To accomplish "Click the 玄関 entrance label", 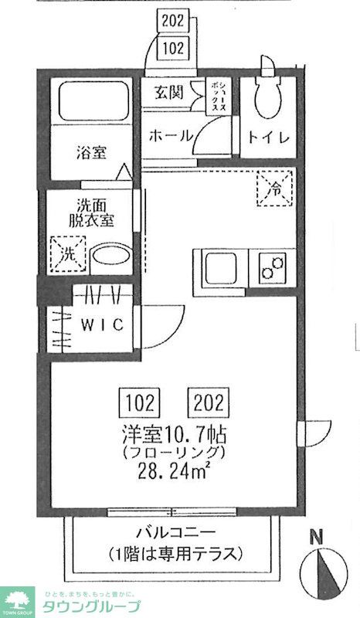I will [x=168, y=94].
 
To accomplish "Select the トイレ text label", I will [x=268, y=138].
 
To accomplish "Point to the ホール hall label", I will [x=170, y=135].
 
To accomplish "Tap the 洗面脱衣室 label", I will [x=94, y=212].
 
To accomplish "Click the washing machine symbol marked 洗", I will [x=66, y=253].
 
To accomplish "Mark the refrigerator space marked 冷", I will [x=274, y=188].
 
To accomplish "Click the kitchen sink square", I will [x=222, y=267].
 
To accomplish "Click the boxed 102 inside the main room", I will [x=139, y=402].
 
